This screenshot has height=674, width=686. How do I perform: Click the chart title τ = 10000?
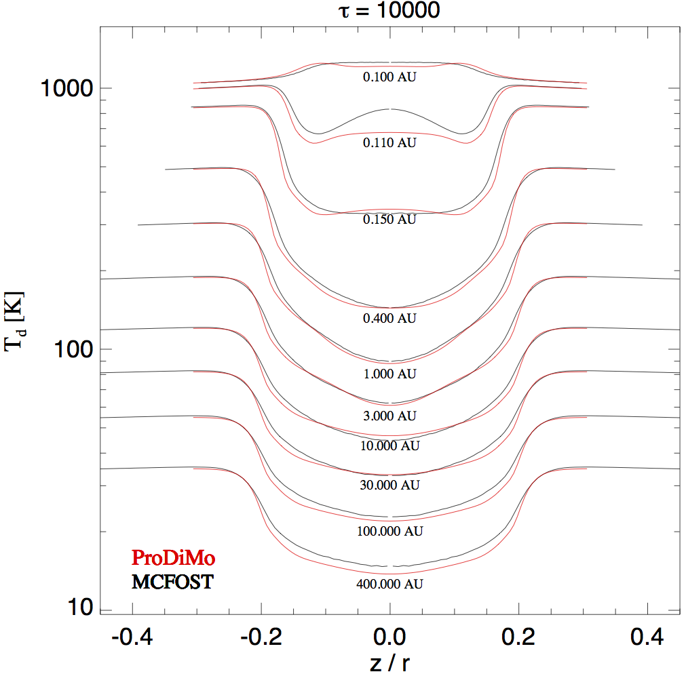(x=389, y=9)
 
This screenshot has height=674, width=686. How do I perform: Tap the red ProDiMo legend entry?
(x=173, y=558)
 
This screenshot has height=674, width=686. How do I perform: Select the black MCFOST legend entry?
(x=172, y=582)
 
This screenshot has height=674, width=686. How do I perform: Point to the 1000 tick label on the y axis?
(x=67, y=88)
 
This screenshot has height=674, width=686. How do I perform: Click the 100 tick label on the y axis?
(x=73, y=349)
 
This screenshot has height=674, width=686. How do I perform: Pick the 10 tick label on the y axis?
(x=81, y=607)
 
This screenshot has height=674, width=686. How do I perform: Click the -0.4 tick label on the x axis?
(x=132, y=637)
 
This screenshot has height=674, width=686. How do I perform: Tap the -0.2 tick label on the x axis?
(x=261, y=637)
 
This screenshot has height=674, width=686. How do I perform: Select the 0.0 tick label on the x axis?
(x=389, y=637)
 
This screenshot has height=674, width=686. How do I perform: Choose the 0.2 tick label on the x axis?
(x=518, y=637)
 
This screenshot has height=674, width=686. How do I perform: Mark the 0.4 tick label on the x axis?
(x=647, y=637)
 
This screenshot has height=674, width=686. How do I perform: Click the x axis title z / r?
(x=389, y=663)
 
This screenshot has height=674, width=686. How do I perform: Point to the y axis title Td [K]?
(x=14, y=321)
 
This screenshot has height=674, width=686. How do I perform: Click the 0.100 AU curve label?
(x=389, y=77)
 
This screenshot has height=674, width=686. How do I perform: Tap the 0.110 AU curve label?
(x=389, y=142)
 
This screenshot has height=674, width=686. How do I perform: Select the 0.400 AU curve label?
(x=389, y=318)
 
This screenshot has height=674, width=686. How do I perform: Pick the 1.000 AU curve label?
(x=389, y=374)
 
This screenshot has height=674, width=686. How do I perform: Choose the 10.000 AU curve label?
(x=389, y=446)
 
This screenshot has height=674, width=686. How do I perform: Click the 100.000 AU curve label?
(x=389, y=531)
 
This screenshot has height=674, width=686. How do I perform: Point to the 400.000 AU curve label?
(x=389, y=584)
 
